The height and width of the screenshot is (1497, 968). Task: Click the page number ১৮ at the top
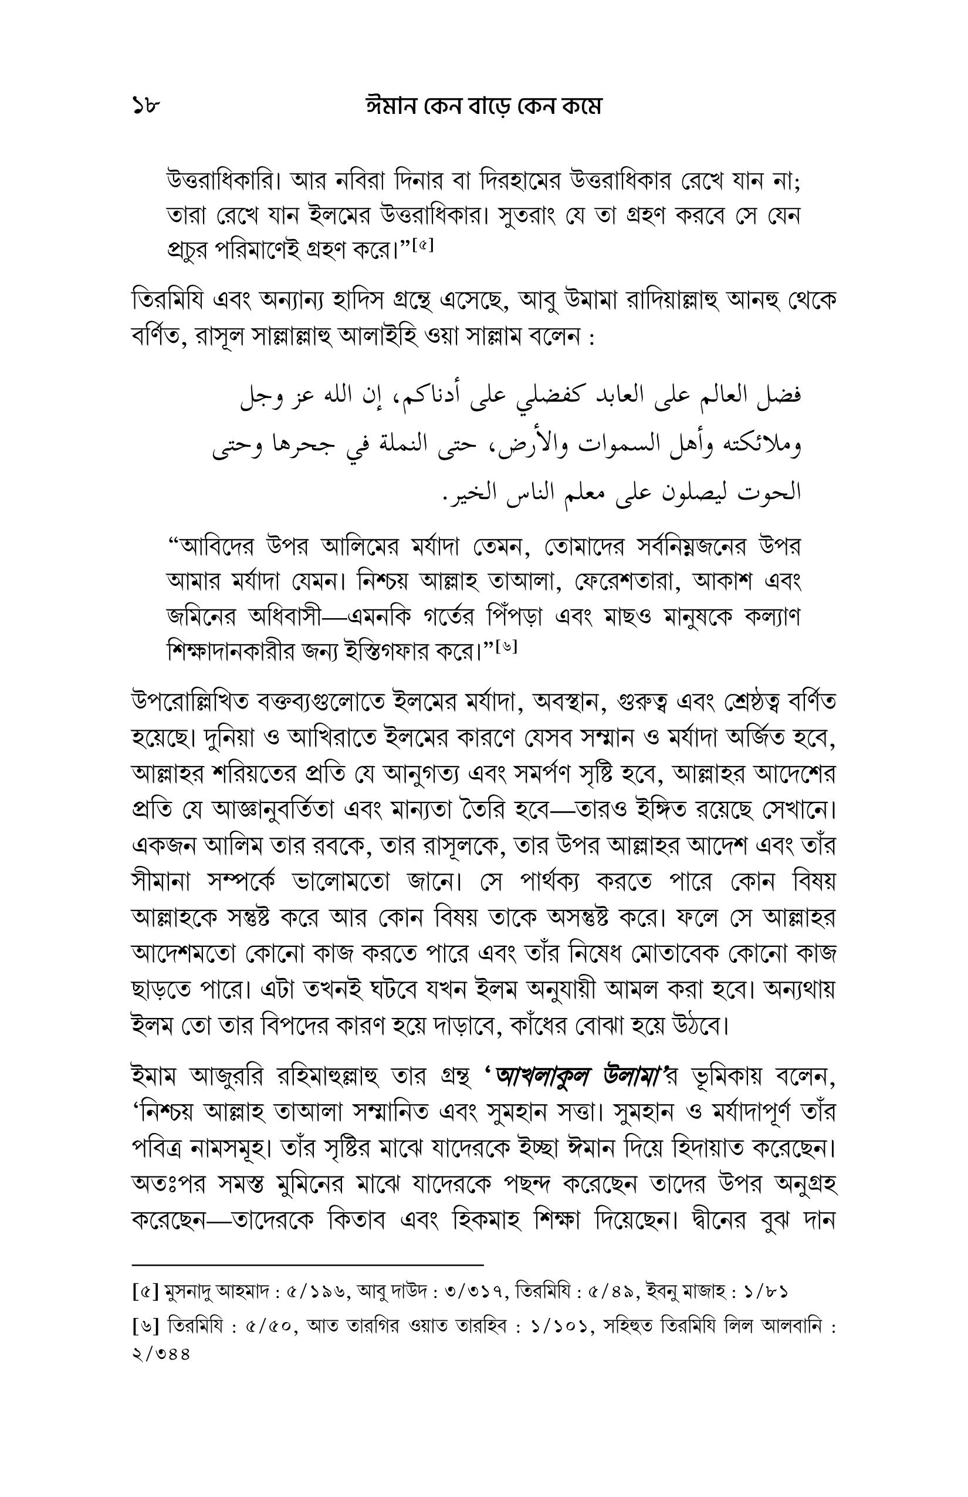click(x=147, y=107)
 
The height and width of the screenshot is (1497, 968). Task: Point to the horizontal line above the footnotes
click(x=307, y=1265)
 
